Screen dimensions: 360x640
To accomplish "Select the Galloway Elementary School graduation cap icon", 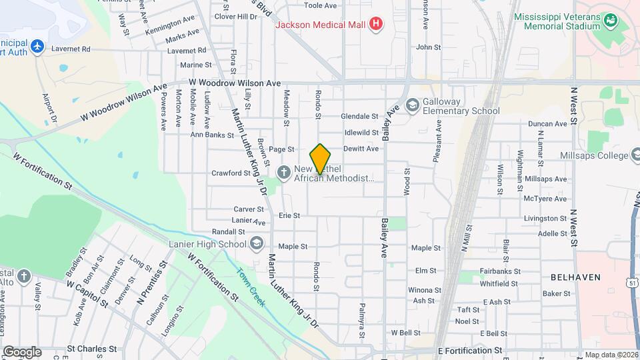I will click(412, 105).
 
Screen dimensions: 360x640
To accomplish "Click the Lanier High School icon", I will click(256, 244).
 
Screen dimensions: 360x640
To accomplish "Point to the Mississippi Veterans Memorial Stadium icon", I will click(610, 21).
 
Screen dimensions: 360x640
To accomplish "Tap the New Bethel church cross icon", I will click(284, 173).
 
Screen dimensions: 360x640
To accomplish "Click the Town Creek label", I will click(251, 287).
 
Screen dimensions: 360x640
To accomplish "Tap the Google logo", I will click(21, 351).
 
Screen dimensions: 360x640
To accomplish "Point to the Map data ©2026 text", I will click(611, 355).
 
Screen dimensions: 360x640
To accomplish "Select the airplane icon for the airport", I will click(37, 47).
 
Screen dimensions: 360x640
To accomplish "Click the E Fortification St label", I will click(470, 350).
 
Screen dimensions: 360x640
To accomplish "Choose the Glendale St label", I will click(360, 116).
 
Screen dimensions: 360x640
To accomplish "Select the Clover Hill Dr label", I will click(235, 16).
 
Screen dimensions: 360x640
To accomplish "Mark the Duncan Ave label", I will click(547, 124).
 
